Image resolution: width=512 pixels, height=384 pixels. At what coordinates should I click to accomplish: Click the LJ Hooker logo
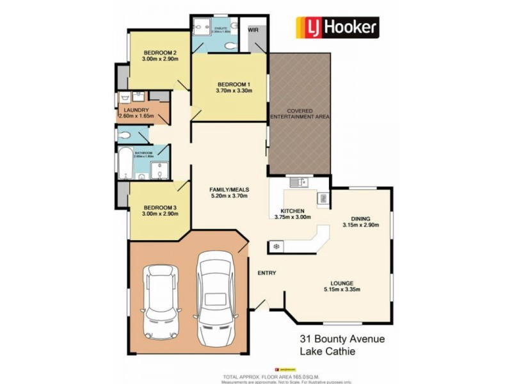click(336, 27)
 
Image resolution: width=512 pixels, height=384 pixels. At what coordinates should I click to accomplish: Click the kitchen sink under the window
click(298, 183)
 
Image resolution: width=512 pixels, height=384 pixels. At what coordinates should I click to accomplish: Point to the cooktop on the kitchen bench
click(276, 246)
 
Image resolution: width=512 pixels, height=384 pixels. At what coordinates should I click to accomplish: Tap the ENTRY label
click(266, 273)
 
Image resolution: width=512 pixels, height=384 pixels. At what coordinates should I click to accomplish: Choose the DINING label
click(365, 218)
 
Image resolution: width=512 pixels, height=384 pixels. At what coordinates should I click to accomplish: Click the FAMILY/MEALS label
click(229, 190)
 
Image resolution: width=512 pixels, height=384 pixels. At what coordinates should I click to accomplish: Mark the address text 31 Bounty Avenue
click(342, 339)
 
